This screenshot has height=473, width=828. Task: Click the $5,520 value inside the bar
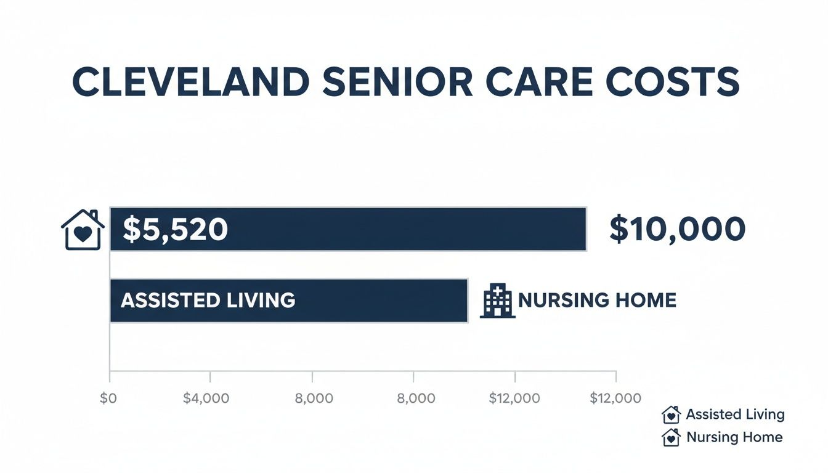point(175,229)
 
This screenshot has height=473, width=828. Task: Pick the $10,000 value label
point(677,229)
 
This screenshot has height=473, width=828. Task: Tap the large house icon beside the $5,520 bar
point(83,230)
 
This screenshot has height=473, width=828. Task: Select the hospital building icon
point(497,301)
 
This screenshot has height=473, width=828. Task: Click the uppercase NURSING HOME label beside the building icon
point(597,301)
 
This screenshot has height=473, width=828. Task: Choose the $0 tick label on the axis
point(108,398)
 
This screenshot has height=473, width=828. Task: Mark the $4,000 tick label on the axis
point(206,398)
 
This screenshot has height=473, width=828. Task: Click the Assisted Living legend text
point(735,414)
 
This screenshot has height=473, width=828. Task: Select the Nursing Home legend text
point(734,437)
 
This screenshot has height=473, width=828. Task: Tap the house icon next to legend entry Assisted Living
point(671,414)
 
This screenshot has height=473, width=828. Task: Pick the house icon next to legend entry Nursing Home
point(671,437)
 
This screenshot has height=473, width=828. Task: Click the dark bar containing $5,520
point(400,229)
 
